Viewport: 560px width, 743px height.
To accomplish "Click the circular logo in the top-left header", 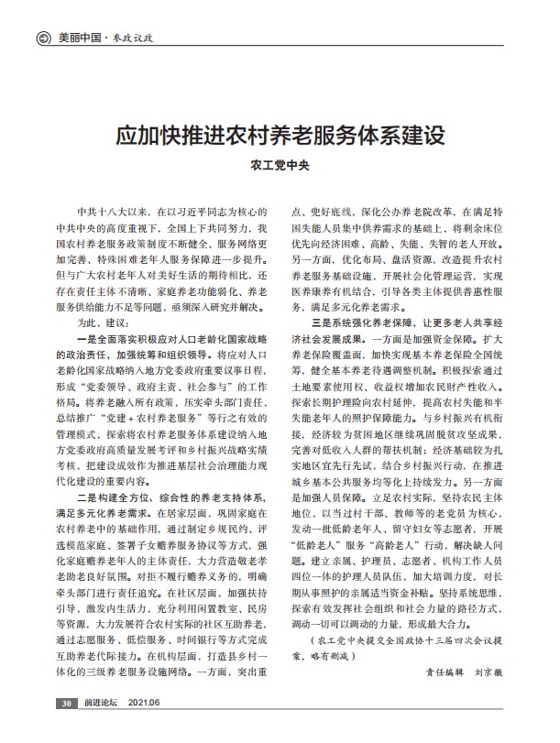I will [41, 39].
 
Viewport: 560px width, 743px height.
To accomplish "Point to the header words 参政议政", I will [132, 39].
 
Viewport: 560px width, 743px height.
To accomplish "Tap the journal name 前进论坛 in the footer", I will [98, 728].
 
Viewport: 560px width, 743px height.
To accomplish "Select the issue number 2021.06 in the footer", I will [145, 728].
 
